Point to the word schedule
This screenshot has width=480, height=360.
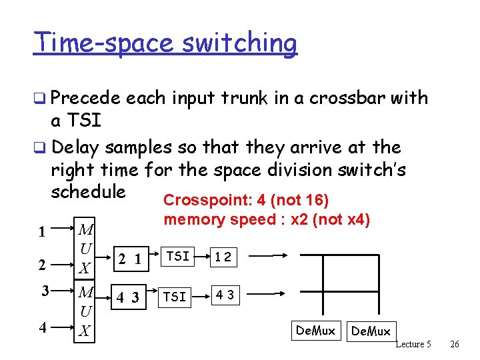tap(88, 192)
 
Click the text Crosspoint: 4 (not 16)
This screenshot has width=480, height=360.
tap(247, 200)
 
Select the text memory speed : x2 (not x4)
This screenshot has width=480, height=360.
tap(267, 219)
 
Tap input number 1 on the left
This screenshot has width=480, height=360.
tap(42, 233)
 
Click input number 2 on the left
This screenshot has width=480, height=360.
tap(42, 265)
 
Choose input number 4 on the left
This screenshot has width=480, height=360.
tap(42, 327)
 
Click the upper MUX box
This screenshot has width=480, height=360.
tap(85, 249)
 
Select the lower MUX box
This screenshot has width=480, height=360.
tap(85, 311)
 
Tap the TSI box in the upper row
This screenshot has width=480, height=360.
tap(178, 256)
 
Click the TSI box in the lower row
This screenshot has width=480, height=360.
tap(175, 297)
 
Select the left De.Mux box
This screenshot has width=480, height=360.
tap(315, 330)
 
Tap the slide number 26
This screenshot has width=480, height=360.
tap(455, 344)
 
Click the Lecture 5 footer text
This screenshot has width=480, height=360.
tap(413, 344)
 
